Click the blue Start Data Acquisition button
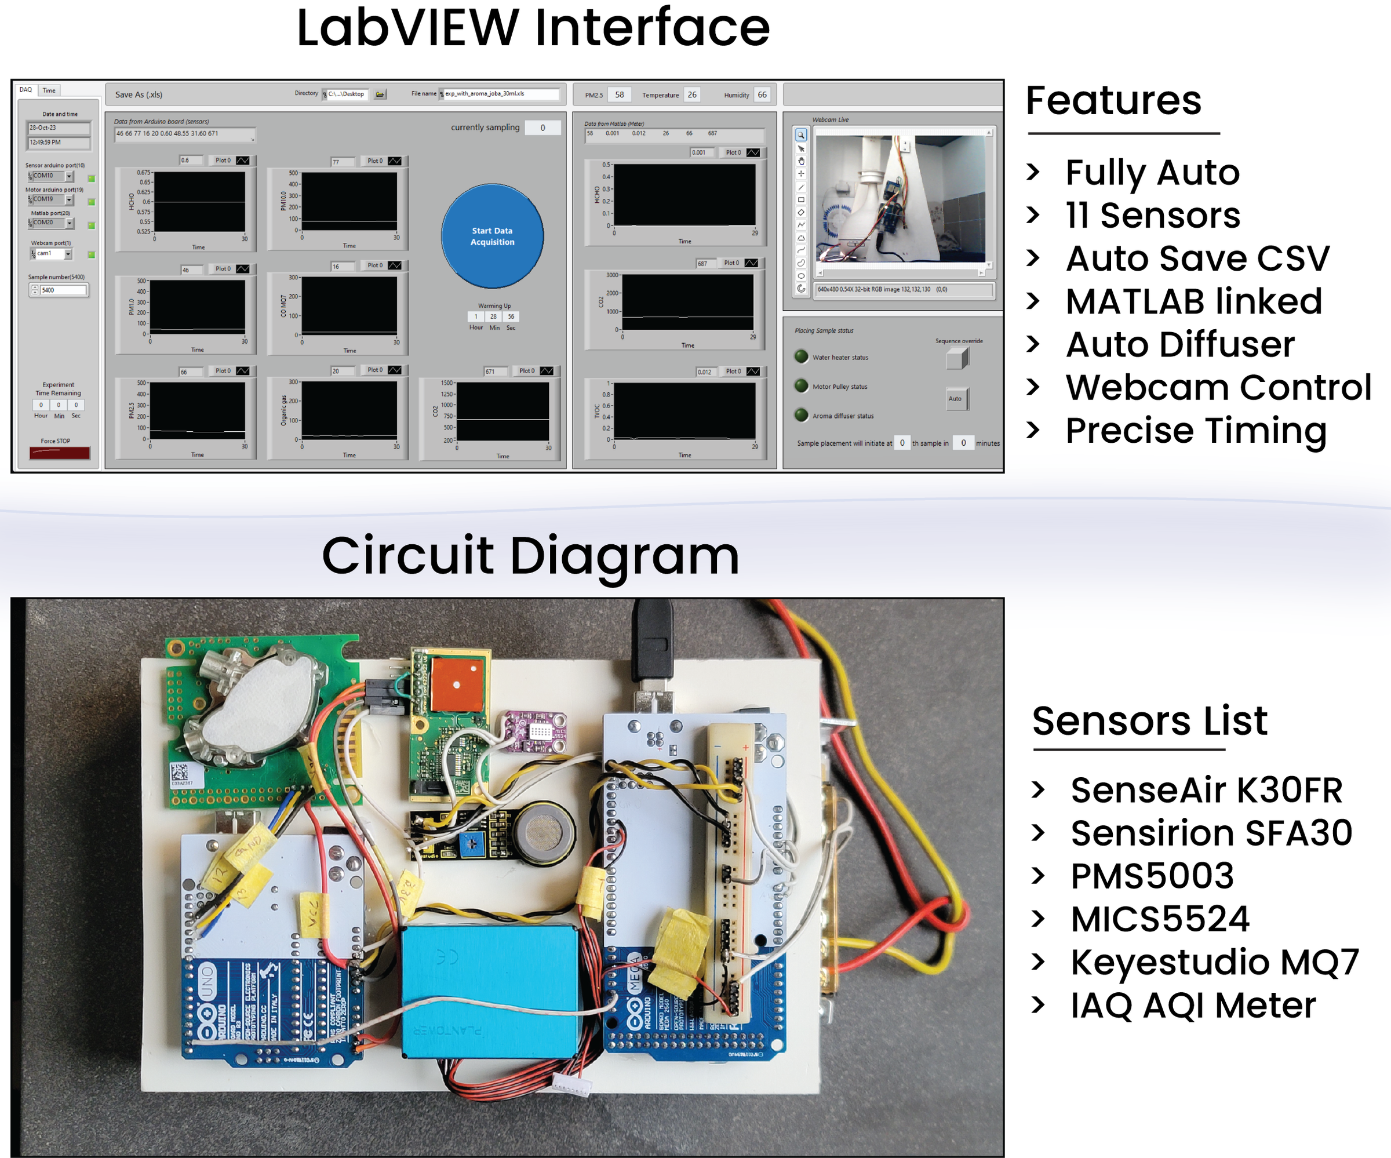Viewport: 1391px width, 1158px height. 492,236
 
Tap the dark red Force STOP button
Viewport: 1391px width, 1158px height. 60,453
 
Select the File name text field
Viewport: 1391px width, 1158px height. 501,94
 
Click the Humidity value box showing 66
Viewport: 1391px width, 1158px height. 762,94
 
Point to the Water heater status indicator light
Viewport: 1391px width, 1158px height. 802,356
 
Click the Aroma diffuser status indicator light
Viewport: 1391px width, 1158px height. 802,416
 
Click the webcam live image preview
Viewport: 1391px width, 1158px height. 900,199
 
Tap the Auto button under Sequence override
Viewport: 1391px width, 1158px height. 955,399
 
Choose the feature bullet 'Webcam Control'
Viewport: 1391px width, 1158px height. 1218,388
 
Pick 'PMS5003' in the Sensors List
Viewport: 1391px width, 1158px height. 1153,876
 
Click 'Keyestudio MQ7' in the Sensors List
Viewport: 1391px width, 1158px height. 1214,962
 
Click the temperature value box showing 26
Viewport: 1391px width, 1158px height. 692,94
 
